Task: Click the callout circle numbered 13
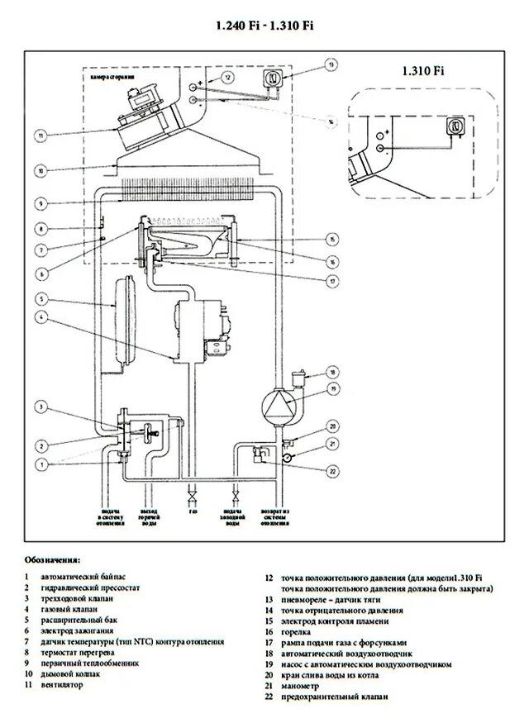[331, 64]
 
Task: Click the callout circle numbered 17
[331, 279]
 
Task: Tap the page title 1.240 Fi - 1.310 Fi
[264, 26]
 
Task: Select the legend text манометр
[303, 684]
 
